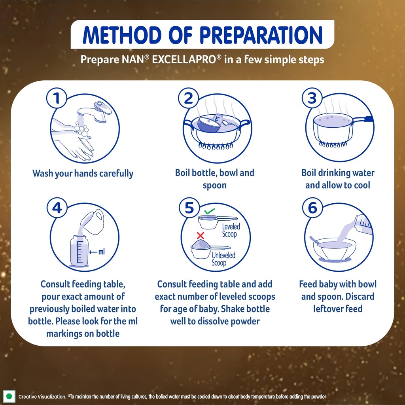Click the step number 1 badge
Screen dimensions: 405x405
57,98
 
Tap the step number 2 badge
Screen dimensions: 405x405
188,98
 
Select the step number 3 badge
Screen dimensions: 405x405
312,98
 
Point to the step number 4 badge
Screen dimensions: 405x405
57,208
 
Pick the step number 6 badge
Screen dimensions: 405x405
312,208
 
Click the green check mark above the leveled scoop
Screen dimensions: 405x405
210,211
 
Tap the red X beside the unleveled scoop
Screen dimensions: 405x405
201,235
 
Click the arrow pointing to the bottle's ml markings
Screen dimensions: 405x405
93,252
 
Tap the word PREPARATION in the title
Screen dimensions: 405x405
261,35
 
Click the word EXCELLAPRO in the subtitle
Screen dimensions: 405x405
184,60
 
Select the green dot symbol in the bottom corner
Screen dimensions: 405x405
9,396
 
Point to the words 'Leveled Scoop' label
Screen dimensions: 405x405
231,231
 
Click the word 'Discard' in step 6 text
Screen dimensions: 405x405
360,296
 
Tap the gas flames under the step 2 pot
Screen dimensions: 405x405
216,146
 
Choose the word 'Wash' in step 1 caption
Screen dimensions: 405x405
43,173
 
